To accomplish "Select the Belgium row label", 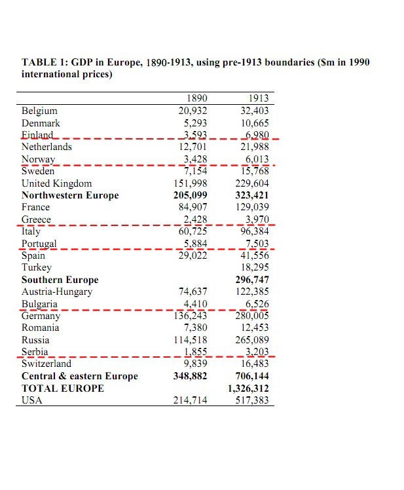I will pyautogui.click(x=39, y=111).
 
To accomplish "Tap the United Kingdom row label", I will pyautogui.click(x=57, y=183).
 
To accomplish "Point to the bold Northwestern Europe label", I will pyautogui.click(x=70, y=195).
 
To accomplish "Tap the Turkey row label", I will pyautogui.click(x=36, y=267).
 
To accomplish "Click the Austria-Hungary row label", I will pyautogui.click(x=57, y=292).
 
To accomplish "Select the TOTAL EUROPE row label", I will pyautogui.click(x=63, y=388).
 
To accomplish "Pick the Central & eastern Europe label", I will pyautogui.click(x=80, y=376).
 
